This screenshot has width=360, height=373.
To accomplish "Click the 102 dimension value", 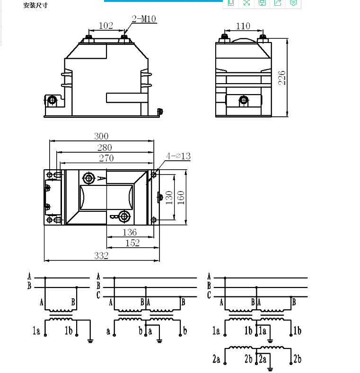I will point(106,26).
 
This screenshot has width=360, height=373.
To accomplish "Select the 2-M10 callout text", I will point(144,19).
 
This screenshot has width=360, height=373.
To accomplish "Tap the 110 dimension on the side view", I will point(243,26).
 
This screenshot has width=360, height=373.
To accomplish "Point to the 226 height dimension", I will point(282,78).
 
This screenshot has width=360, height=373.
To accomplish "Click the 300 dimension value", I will point(102,137).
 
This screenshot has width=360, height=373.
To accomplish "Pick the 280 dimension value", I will point(105,147).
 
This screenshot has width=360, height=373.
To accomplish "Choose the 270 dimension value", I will point(106,158).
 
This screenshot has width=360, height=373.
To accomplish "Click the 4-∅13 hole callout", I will point(178,156).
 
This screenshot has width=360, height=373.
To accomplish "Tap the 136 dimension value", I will point(130,232).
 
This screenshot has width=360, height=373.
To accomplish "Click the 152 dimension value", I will point(132,243).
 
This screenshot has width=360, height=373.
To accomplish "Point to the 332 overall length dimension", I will point(101,256).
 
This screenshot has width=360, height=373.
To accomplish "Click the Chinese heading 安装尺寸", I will point(35,6).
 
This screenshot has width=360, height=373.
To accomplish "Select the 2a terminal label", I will point(216,360).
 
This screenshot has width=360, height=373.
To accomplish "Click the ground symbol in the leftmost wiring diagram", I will point(90,339).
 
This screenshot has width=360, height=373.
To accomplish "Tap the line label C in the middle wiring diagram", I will point(98,296).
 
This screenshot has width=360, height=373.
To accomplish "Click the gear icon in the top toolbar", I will point(293,3).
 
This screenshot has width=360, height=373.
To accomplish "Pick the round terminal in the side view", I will point(244,100).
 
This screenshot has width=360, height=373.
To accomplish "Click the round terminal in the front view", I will point(52,100).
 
